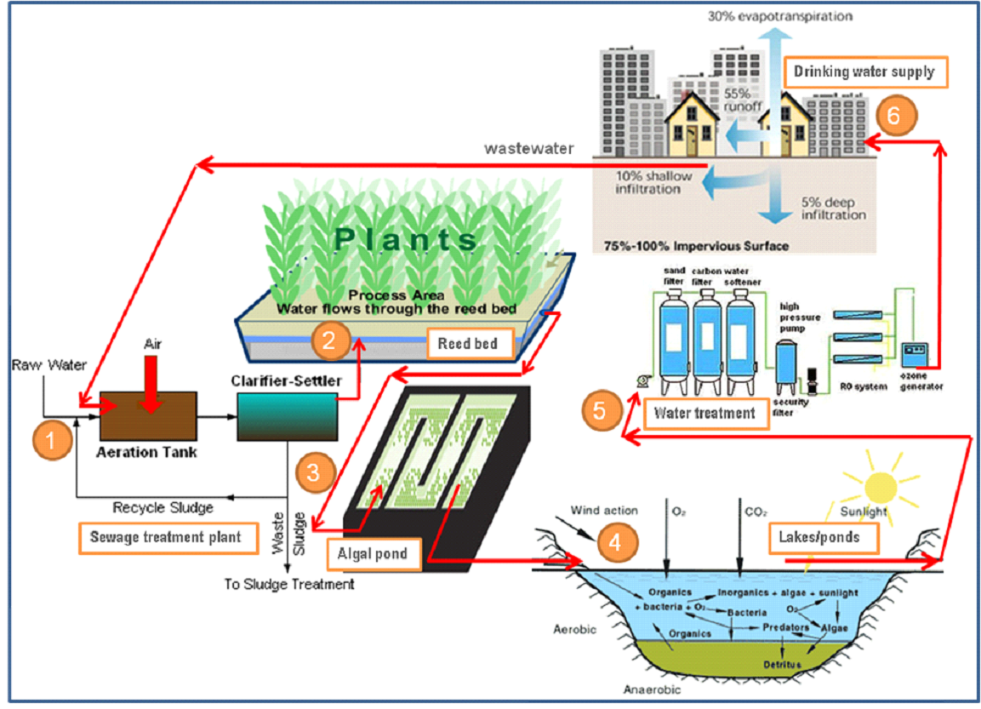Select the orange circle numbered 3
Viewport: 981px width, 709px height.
click(x=312, y=473)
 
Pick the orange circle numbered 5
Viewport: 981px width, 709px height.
click(x=600, y=412)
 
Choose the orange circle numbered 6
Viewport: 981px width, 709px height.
click(x=894, y=116)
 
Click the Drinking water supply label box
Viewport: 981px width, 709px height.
click(x=864, y=72)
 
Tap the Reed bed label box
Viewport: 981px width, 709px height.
click(x=467, y=345)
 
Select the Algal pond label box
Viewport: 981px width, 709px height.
click(x=373, y=555)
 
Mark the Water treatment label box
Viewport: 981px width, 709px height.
click(x=704, y=415)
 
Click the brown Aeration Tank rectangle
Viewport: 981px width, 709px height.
click(x=148, y=415)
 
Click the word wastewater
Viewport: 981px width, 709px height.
click(x=529, y=148)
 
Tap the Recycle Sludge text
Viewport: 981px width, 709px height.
click(x=163, y=508)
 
